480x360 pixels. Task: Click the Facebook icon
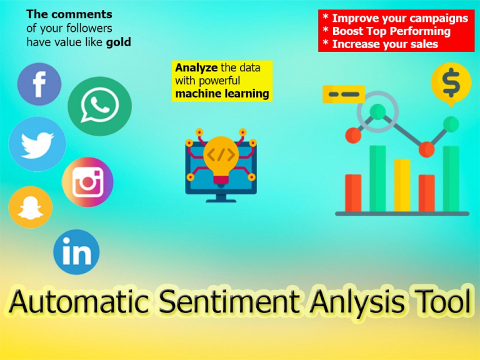[39, 84]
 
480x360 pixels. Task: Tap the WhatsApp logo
[100, 106]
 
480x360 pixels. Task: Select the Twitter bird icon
[37, 144]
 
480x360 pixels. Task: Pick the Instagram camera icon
[88, 182]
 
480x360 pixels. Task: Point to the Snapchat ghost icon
[31, 207]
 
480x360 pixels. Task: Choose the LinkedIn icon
[76, 252]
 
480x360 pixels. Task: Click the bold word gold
[119, 42]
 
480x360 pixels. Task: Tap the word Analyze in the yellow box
[196, 67]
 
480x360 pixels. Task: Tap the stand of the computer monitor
[221, 198]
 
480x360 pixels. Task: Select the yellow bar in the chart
[402, 185]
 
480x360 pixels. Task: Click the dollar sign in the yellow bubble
[451, 82]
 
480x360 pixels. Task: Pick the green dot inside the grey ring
[377, 112]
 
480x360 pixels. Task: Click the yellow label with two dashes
[344, 94]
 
